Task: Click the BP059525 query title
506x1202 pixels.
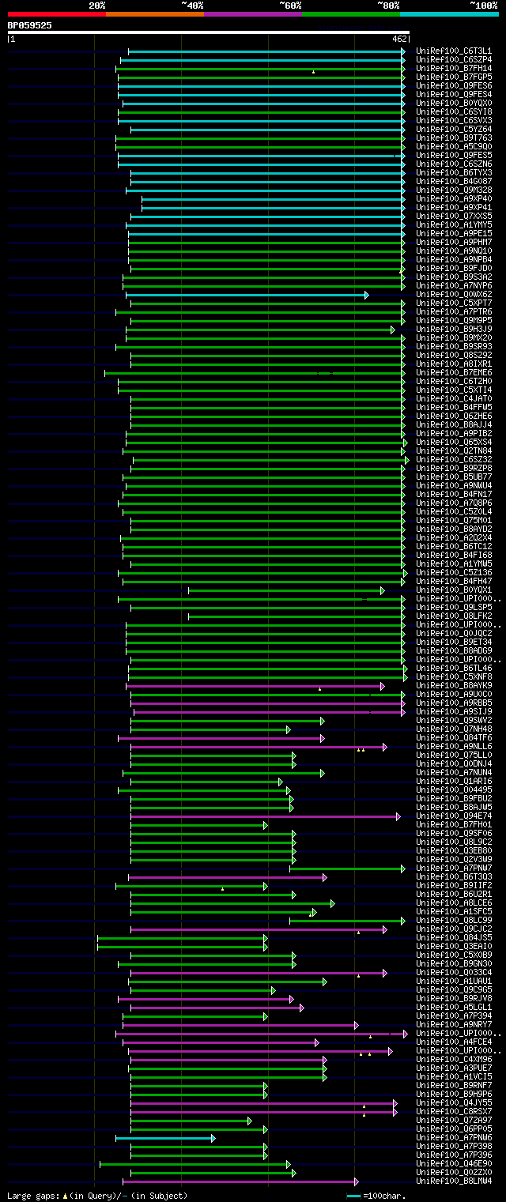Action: (30, 25)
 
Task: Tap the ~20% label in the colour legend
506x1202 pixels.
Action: (97, 6)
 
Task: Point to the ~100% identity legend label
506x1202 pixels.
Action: (484, 6)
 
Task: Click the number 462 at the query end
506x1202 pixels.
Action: (398, 38)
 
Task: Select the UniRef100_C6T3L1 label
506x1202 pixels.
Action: (454, 51)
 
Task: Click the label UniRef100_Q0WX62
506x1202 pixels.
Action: (454, 295)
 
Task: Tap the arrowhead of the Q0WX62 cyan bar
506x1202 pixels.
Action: (366, 295)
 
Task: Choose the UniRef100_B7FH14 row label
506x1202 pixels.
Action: (454, 68)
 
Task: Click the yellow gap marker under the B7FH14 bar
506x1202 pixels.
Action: (313, 72)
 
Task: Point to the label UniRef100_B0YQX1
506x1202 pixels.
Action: (454, 590)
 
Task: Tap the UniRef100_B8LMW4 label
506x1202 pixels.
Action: (454, 1181)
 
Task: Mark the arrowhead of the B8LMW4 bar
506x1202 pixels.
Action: (357, 1181)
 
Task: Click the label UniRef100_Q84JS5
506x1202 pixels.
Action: (454, 938)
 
